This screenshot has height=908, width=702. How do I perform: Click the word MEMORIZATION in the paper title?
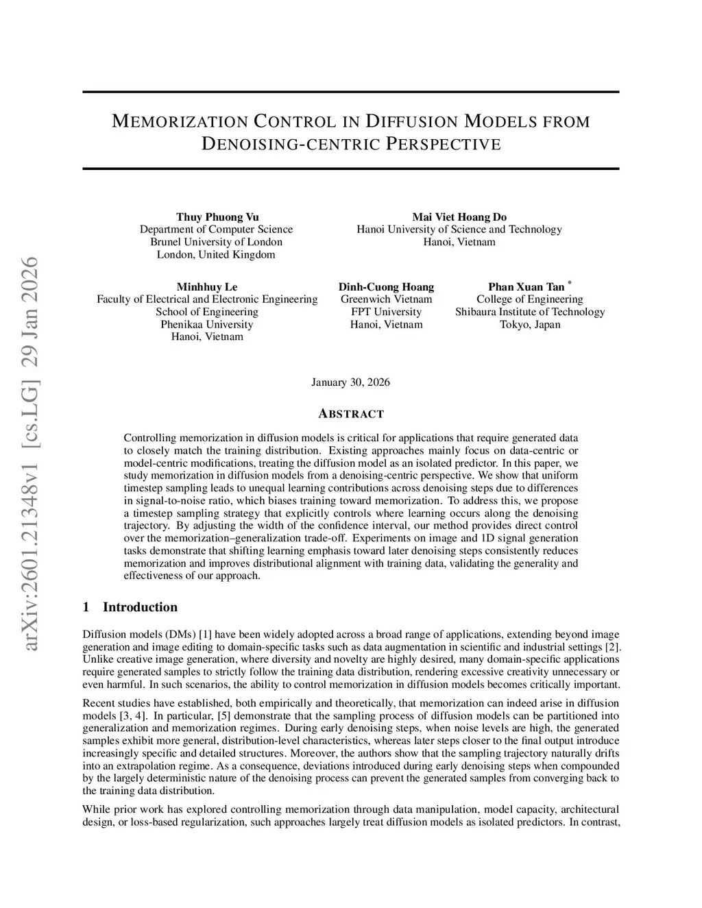[x=179, y=123]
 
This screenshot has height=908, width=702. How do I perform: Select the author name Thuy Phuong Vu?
[x=217, y=217]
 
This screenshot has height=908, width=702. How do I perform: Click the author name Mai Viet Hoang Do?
[x=459, y=217]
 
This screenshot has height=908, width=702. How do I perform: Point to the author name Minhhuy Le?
[x=207, y=286]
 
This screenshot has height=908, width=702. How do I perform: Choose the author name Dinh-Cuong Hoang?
[x=386, y=286]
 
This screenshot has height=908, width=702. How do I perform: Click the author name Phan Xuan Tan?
[x=526, y=286]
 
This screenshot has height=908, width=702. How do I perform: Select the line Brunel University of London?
[x=216, y=242]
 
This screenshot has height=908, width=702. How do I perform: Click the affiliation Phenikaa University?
[x=207, y=324]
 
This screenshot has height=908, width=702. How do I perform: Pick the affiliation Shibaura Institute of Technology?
[x=530, y=312]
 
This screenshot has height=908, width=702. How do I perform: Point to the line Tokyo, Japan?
[x=530, y=324]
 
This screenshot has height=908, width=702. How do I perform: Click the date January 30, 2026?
[x=350, y=382]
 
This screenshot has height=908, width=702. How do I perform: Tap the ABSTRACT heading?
[x=351, y=414]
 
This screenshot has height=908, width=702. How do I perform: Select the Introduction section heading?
[x=140, y=607]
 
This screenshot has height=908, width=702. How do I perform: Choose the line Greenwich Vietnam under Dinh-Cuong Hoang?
[x=386, y=299]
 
